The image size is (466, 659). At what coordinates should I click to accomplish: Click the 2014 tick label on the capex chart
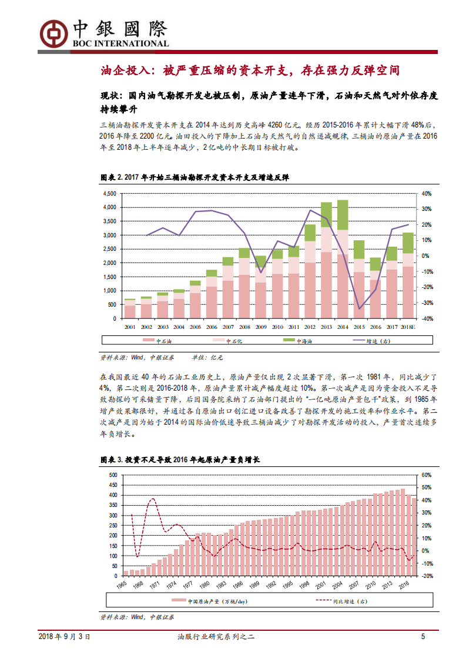click(x=342, y=327)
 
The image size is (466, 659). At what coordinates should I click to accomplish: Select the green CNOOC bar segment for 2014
click(x=342, y=215)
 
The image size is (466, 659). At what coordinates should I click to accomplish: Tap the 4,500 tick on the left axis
click(x=109, y=194)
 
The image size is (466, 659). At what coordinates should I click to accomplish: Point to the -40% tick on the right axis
click(x=427, y=318)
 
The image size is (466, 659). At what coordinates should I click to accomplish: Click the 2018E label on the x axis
click(x=407, y=327)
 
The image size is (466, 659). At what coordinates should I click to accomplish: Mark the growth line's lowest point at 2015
click(x=359, y=309)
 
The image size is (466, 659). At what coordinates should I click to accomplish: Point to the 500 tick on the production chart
click(x=113, y=475)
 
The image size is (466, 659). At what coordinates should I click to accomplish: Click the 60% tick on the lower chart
click(x=427, y=475)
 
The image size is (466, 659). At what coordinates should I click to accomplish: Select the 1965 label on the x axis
click(x=122, y=586)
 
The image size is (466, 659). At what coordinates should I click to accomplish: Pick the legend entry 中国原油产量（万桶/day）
click(x=209, y=601)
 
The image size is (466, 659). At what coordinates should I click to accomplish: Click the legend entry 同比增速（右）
click(x=341, y=601)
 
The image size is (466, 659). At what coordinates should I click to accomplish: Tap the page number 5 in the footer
click(x=423, y=637)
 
